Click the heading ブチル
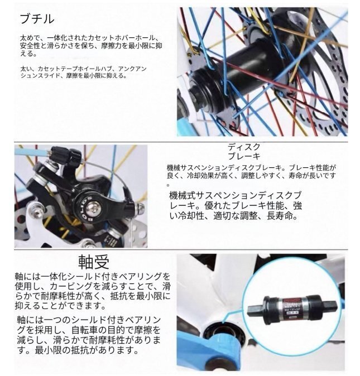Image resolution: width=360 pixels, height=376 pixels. pos(37,19)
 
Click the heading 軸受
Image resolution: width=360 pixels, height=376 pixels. pos(94,262)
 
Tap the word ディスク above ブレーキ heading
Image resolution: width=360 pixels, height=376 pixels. pos(244,147)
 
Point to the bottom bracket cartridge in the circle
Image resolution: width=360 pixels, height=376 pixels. pos(292,308)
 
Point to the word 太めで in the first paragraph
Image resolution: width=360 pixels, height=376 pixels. pos(29,38)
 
